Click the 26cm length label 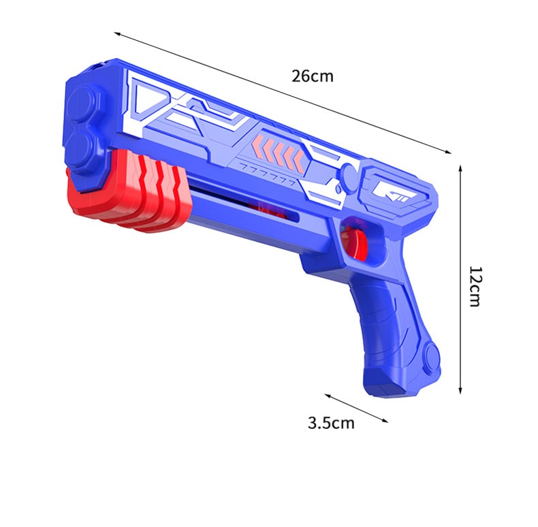tap(313, 76)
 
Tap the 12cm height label tap(475, 286)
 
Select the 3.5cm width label tap(331, 423)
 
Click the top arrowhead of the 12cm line tap(461, 166)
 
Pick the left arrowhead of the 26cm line tap(116, 33)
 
